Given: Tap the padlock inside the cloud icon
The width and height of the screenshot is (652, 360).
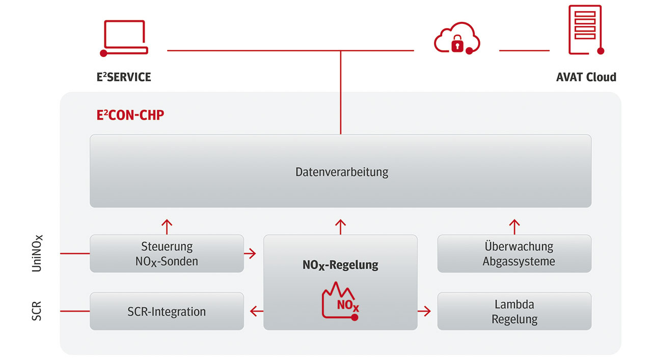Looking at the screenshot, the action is pyautogui.click(x=457, y=44).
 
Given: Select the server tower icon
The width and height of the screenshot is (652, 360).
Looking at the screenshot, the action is pyautogui.click(x=586, y=30).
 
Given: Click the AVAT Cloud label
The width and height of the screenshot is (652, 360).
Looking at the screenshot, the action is pyautogui.click(x=586, y=77).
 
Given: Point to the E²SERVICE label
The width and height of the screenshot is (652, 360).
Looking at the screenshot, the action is pyautogui.click(x=124, y=77).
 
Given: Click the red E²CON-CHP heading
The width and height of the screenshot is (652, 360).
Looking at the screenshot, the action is pyautogui.click(x=130, y=115).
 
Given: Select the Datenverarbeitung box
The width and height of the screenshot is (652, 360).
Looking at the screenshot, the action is pyautogui.click(x=341, y=171).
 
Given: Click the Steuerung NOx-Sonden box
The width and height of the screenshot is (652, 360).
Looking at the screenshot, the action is pyautogui.click(x=167, y=254).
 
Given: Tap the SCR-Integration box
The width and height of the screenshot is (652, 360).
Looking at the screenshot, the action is pyautogui.click(x=167, y=311).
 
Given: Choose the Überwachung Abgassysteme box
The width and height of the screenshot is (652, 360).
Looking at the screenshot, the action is pyautogui.click(x=514, y=254).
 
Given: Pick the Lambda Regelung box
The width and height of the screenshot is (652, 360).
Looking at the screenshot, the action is pyautogui.click(x=514, y=311).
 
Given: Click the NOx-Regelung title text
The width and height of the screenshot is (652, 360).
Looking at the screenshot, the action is pyautogui.click(x=340, y=265).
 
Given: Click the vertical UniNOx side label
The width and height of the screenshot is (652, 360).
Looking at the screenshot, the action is pyautogui.click(x=37, y=253).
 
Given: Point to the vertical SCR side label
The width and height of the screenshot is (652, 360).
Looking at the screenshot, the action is pyautogui.click(x=36, y=311).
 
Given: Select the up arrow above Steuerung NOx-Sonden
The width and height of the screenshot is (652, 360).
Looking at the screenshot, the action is pyautogui.click(x=167, y=227).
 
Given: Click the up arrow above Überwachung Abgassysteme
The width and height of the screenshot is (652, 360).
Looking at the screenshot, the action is pyautogui.click(x=514, y=227).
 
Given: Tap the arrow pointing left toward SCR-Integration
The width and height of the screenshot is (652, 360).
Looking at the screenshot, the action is pyautogui.click(x=257, y=311).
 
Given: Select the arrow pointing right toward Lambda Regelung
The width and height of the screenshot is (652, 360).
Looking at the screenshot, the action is pyautogui.click(x=424, y=311).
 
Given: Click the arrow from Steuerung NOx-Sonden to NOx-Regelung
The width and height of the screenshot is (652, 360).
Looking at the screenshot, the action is pyautogui.click(x=250, y=254).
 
